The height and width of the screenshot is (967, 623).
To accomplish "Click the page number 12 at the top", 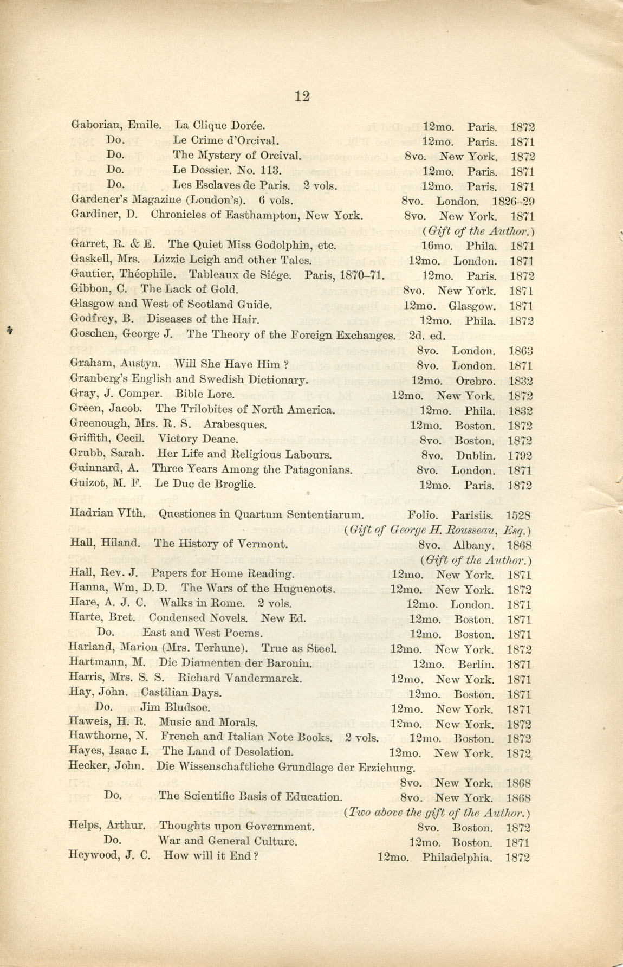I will pos(302,96).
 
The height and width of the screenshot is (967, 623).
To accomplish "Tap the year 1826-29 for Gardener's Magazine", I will pos(513,202).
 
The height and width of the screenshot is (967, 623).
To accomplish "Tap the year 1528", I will pos(518,515).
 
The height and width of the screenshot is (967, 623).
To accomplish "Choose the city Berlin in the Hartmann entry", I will pos(476,664).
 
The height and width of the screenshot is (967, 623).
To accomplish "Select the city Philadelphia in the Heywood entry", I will pos(457,858).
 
